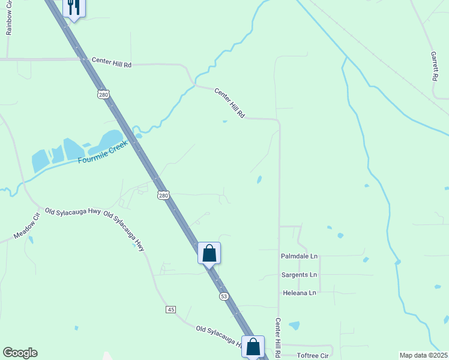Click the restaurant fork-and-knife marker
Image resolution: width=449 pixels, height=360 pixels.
pos(74,7)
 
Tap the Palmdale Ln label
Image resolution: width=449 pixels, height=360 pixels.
pos(298,256)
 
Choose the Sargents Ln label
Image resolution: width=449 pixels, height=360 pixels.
pos(299,275)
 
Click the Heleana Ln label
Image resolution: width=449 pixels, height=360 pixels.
pos(299,293)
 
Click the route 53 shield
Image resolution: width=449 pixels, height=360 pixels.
pos(224,296)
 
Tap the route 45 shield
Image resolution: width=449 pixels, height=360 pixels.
pos(171,309)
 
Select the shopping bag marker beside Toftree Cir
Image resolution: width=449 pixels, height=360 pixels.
pos(253,346)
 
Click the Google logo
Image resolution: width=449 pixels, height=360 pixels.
pos(20,353)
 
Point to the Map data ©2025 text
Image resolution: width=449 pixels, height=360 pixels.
pos(423,355)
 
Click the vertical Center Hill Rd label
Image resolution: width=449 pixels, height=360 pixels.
pos(278,338)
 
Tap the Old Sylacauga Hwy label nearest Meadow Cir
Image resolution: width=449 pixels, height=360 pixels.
pos(72,212)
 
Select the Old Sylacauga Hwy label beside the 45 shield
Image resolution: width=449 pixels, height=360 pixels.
pos(220,337)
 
